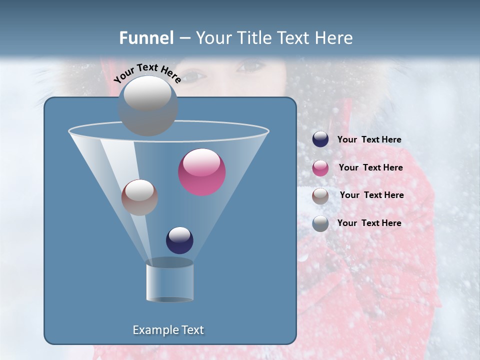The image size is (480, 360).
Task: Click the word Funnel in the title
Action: [146, 38]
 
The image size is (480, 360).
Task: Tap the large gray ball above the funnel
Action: [148, 105]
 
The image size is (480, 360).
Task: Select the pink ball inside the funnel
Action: [202, 172]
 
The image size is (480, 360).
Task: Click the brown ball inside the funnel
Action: [139, 197]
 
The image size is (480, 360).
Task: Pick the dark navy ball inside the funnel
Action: [179, 240]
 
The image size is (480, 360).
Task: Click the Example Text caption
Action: [168, 330]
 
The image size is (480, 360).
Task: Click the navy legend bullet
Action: [320, 139]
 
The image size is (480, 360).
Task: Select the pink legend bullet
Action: [320, 168]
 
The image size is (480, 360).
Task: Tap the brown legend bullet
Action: [320, 196]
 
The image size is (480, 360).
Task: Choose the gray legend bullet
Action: [320, 223]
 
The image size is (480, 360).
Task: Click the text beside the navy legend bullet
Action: [369, 139]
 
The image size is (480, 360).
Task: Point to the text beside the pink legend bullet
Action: [370, 167]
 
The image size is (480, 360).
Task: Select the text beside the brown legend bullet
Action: [371, 195]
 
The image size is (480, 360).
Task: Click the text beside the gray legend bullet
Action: [369, 223]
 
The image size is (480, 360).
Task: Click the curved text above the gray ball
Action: [147, 72]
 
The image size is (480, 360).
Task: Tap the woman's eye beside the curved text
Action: [195, 76]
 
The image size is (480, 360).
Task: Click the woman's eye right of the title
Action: [249, 65]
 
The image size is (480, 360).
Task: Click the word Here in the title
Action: [334, 38]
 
